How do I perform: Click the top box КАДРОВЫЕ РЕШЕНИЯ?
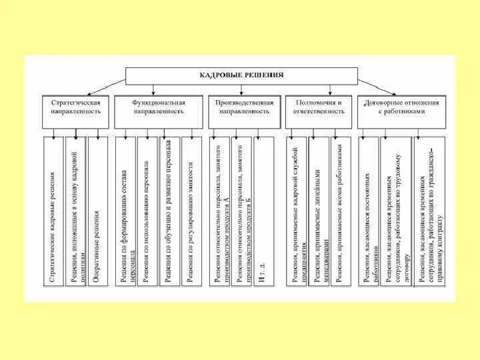pos(241,75)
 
